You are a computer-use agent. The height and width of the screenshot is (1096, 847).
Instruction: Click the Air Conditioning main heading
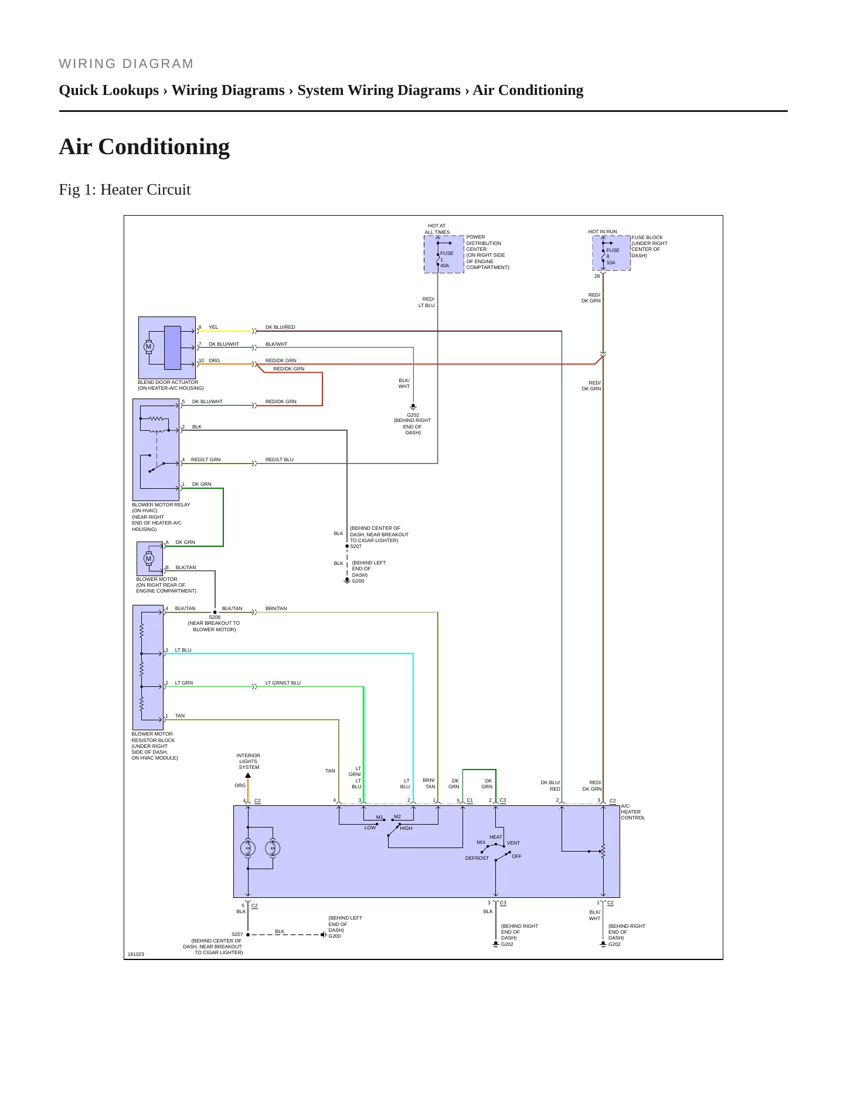[x=144, y=147]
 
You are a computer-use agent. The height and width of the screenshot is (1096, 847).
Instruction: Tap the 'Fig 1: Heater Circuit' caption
[x=125, y=189]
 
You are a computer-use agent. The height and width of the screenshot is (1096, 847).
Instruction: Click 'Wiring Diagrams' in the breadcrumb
[x=228, y=90]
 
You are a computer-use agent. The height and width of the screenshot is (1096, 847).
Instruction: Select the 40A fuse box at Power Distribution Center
[x=444, y=254]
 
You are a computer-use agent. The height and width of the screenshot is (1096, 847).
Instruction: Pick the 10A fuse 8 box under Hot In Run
[x=611, y=253]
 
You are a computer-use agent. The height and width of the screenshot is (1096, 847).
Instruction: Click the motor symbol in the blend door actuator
[x=149, y=347]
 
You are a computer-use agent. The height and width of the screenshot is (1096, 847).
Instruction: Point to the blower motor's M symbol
[x=149, y=559]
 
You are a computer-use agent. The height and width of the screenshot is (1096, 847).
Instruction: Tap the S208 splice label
[x=215, y=617]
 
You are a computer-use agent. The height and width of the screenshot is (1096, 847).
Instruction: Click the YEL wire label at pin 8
[x=213, y=327]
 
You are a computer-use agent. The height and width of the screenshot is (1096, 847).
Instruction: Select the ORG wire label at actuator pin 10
[x=215, y=360]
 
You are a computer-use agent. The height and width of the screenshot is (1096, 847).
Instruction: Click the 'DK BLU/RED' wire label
[x=280, y=327]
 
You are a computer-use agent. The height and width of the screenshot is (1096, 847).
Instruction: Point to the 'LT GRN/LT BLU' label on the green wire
[x=283, y=683]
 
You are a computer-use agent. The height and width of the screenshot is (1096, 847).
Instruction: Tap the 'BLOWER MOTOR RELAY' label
[x=161, y=505]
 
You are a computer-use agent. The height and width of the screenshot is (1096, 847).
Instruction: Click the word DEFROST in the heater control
[x=477, y=858]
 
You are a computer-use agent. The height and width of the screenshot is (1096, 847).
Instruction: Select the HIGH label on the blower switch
[x=406, y=828]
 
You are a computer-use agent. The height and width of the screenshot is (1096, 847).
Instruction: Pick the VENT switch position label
[x=513, y=843]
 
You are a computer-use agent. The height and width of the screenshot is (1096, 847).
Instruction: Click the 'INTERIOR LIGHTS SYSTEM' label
[x=249, y=761]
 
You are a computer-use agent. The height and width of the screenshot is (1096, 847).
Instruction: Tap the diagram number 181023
[x=136, y=954]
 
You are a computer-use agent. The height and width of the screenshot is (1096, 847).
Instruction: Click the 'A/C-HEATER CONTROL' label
[x=633, y=812]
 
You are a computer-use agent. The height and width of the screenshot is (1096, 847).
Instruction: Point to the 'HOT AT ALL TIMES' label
[x=437, y=229]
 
